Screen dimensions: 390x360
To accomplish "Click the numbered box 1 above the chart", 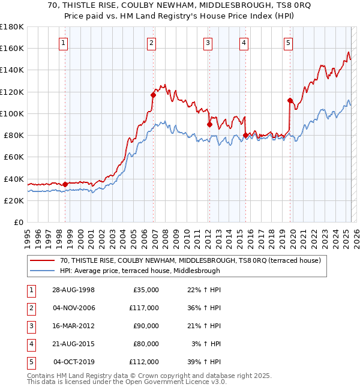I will click(x=64, y=43).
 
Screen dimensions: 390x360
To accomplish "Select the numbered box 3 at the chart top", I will click(x=208, y=43).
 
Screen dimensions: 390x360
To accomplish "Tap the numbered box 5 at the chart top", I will click(x=289, y=43).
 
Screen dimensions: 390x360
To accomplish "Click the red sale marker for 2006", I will click(x=153, y=95).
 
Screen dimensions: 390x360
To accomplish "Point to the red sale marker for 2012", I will click(x=209, y=125).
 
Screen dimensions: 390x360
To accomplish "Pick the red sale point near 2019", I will click(x=290, y=100).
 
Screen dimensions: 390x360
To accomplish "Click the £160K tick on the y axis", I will click(x=12, y=48).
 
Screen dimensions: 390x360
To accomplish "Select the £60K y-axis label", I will click(x=13, y=157).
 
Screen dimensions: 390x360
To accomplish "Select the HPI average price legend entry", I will click(x=140, y=271).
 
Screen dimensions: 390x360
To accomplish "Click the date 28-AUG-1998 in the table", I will click(x=74, y=290).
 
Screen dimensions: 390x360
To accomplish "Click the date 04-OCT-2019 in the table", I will click(x=74, y=362).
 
